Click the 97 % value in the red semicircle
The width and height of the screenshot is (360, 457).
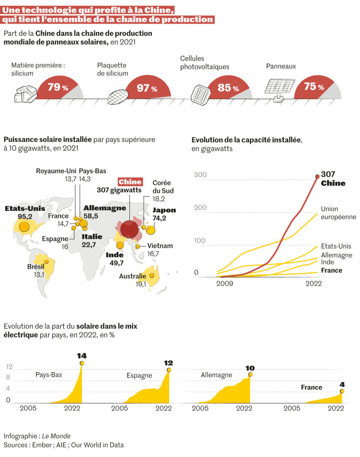click(x=147, y=88)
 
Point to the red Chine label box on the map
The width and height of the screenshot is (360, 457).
click(x=130, y=182)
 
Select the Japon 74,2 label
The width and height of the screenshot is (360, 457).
click(x=164, y=214)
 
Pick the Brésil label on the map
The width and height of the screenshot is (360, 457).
click(x=35, y=267)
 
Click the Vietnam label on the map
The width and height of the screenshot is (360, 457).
click(x=160, y=246)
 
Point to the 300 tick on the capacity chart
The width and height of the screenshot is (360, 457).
click(x=200, y=174)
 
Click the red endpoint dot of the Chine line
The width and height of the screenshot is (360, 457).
click(x=317, y=177)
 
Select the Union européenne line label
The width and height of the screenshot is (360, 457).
click(x=338, y=213)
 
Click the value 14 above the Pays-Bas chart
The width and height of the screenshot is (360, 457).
click(x=82, y=356)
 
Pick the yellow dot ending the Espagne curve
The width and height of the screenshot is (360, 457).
click(x=169, y=370)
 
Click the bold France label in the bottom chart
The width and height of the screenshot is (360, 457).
click(x=311, y=387)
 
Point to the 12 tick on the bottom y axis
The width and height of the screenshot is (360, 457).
click(x=8, y=367)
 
